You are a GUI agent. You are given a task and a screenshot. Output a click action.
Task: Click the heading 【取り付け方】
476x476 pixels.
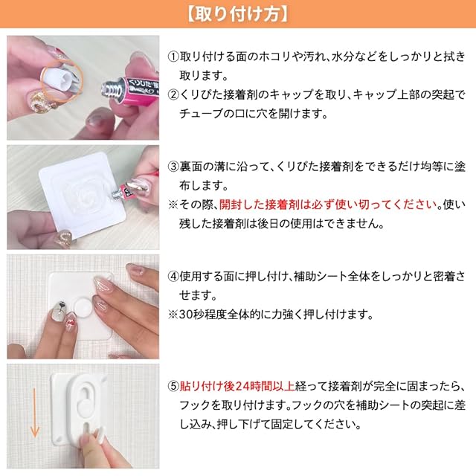click(237, 14)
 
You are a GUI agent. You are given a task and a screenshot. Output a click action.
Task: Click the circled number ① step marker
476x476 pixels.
click(173, 57)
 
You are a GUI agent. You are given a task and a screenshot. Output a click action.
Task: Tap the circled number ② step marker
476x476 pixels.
click(173, 94)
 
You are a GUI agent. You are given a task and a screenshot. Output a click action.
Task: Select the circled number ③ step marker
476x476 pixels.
click(173, 167)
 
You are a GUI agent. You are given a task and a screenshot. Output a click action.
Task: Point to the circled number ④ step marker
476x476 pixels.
click(173, 276)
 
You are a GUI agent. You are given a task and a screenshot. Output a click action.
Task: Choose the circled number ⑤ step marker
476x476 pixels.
click(173, 386)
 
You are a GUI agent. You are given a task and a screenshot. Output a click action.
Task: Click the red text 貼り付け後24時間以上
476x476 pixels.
click(237, 386)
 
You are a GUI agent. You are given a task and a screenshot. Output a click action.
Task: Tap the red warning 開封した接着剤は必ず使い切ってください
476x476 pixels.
click(329, 205)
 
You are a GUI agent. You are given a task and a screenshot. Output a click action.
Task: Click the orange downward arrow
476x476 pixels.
click(35, 413)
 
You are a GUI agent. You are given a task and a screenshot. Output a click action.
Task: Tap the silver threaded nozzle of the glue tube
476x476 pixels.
click(111, 90)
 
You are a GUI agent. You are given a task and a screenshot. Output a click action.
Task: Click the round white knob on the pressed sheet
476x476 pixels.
click(83, 307)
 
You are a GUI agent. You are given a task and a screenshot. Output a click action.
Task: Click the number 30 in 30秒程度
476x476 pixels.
click(185, 314)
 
